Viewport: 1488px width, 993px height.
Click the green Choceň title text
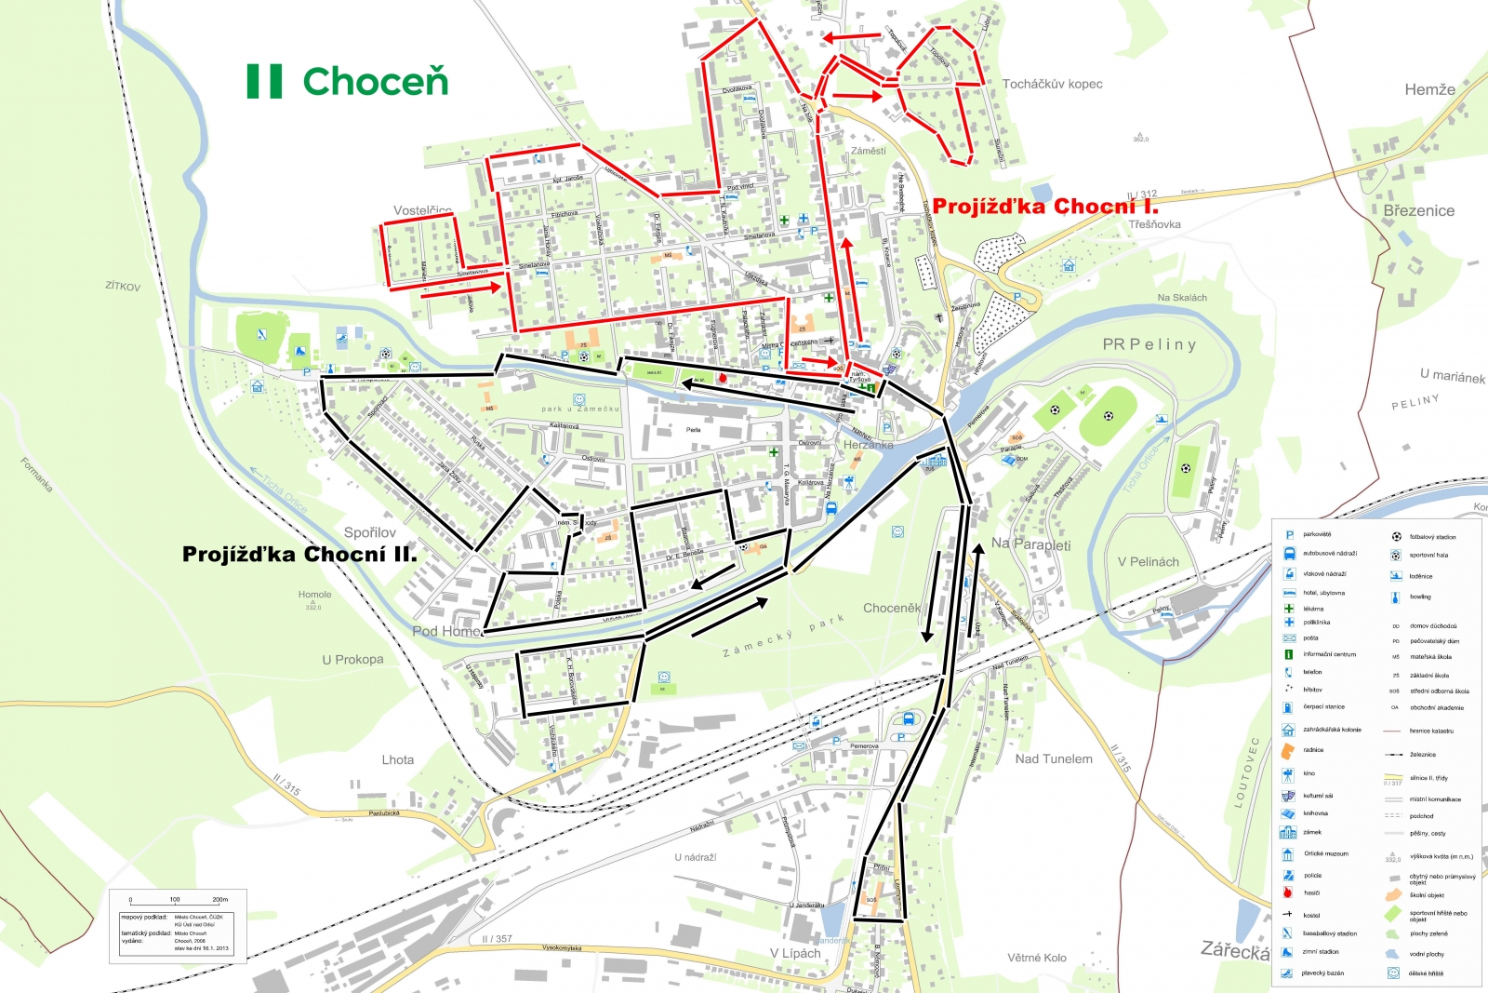[x=375, y=82]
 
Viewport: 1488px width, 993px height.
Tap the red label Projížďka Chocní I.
[x=1045, y=207]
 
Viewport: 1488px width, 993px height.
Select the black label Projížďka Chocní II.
[x=299, y=555]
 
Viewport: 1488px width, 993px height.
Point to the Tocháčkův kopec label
[x=1052, y=84]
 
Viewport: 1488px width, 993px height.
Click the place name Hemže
[x=1429, y=90]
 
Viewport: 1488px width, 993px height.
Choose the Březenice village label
[x=1418, y=211]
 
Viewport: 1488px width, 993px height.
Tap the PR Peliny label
[x=1149, y=344]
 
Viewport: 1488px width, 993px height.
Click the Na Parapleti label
[x=1030, y=544]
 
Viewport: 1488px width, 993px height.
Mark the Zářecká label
[x=1234, y=950]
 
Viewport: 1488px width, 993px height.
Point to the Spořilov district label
[x=369, y=532]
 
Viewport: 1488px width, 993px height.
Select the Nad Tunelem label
[x=1054, y=759]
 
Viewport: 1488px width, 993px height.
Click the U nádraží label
[x=695, y=857]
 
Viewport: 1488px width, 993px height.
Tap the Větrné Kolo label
[x=1036, y=958]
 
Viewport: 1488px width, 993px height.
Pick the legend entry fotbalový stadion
[x=1432, y=537]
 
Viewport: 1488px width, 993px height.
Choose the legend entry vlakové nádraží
[x=1323, y=574]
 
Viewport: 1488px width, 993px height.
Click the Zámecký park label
[x=783, y=637]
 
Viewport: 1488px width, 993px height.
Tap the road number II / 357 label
[x=497, y=939]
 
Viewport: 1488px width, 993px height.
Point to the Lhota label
[x=397, y=760]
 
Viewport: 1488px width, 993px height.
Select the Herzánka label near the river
[x=868, y=445]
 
